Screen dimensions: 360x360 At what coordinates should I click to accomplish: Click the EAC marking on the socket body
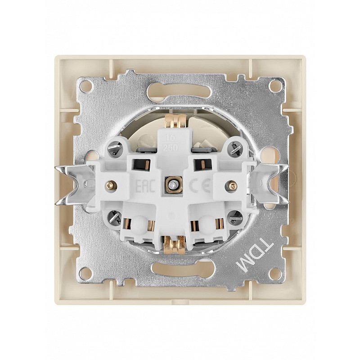point(144,187)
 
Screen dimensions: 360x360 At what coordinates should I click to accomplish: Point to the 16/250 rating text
point(171,143)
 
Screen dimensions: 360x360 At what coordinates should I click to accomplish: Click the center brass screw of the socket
point(171,184)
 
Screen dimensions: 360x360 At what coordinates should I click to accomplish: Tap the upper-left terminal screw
point(115,148)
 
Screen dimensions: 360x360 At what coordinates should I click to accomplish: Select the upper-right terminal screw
point(234,148)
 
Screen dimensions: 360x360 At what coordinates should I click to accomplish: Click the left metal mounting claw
point(73,185)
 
